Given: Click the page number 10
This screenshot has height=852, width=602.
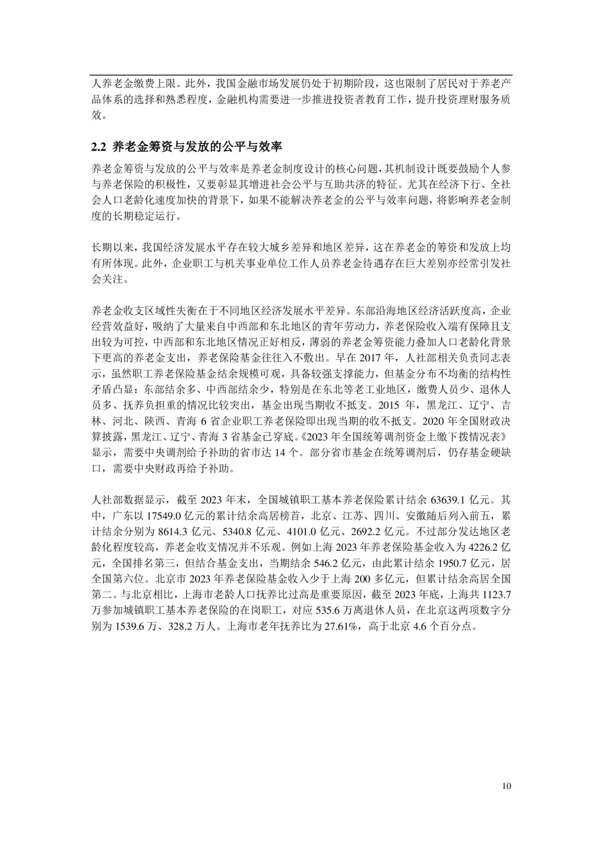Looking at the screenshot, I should [x=506, y=786].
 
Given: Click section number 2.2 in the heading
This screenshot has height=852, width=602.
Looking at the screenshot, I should [x=98, y=147].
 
